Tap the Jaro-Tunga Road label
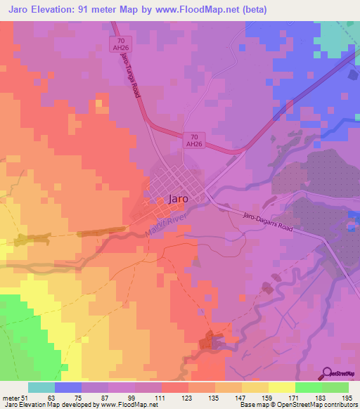pyautogui.click(x=131, y=74)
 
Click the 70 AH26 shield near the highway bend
pyautogui.click(x=193, y=139)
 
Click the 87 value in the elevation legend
pyautogui.click(x=109, y=397)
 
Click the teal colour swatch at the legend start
pyautogui.click(x=41, y=387)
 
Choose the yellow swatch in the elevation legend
pyautogui.click(x=281, y=387)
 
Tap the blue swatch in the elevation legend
pyautogui.click(x=67, y=387)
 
